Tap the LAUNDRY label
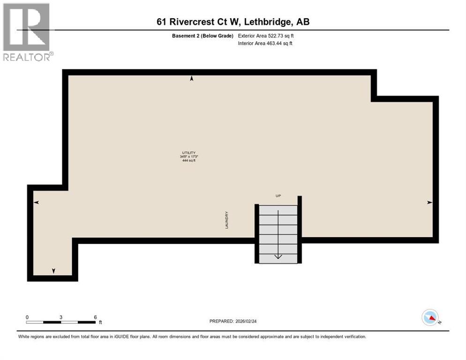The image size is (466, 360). coord(226,219)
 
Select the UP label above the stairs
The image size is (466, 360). coord(278,196)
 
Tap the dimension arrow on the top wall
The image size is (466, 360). coord(191,79)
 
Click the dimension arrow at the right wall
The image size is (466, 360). coord(429,202)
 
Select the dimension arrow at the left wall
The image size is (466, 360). coord(36,202)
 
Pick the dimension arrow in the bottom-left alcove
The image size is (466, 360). coord(53,271)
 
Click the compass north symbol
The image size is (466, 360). coord(430,317)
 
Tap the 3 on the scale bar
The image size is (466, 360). coord(61,317)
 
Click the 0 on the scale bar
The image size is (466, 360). coord(27,317)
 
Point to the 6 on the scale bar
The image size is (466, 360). coord(95,317)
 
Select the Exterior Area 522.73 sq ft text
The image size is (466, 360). coord(266,36)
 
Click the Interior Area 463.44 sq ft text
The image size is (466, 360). coord(266,44)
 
